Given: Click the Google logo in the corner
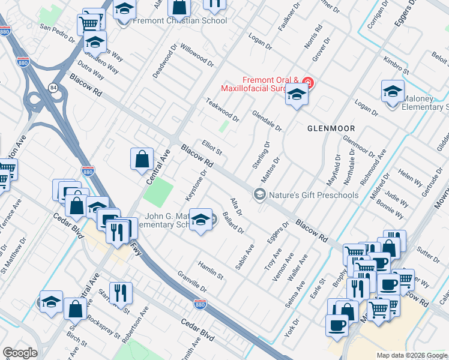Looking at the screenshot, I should tap(20, 353).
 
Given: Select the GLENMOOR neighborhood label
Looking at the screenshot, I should tap(331, 128).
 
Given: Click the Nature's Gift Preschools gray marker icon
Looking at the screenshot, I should tap(259, 194).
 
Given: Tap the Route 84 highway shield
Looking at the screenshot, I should tap(53, 88).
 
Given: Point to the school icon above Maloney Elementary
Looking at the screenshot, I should tap(393, 91).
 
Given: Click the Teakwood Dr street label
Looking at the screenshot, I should tap(223, 110).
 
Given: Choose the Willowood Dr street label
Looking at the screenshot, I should tap(196, 55).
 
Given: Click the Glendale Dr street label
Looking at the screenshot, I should tap(267, 121).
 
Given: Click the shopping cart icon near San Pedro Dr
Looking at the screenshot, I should tap(89, 25).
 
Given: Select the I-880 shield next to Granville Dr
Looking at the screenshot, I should tap(200, 305).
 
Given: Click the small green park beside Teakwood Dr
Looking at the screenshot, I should tap(224, 126).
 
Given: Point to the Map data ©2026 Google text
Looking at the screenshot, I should tap(412, 355).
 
